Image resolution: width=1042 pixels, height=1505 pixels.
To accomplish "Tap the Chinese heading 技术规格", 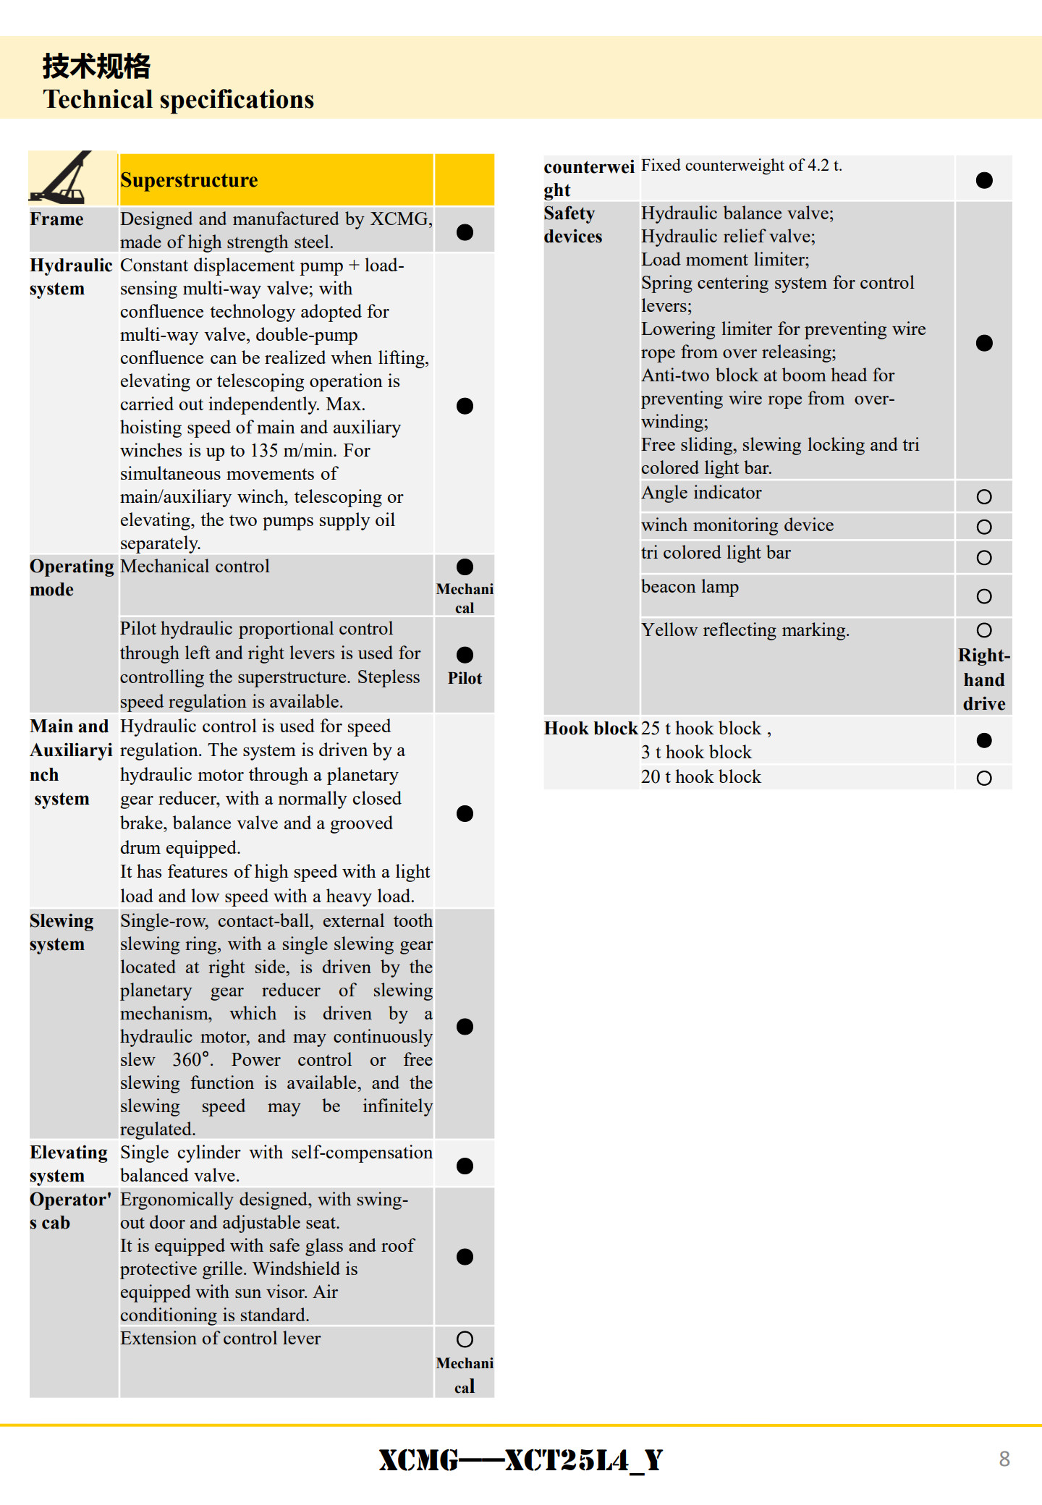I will coord(96,67).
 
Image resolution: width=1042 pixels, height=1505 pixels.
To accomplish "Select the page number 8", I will coord(1004,1459).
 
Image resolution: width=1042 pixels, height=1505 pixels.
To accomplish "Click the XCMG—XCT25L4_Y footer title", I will coord(521,1460).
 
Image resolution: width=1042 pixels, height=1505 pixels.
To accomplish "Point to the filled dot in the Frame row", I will coord(465,232).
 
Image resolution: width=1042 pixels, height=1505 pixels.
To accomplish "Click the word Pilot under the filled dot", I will coord(465,679).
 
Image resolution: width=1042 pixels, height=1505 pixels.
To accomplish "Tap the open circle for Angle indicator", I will coord(984,497).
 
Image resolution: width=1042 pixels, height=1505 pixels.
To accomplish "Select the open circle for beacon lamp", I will coord(984,597).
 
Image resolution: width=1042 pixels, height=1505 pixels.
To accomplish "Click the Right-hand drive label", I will coord(984,679).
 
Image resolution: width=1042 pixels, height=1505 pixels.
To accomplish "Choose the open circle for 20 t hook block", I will coord(984,779).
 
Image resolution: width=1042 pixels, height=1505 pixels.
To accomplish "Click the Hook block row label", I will coord(590,729).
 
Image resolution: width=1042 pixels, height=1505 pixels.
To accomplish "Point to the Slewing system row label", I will coord(62,933).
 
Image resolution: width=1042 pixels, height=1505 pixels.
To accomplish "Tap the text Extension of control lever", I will coord(221,1339).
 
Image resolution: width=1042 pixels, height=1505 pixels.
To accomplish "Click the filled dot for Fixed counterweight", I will coord(984,180).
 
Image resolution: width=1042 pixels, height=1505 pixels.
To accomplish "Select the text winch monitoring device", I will coord(737,525).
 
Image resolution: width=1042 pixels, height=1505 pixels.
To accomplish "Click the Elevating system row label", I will coord(68,1164).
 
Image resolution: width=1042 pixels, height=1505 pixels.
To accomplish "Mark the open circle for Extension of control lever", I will coord(465,1339).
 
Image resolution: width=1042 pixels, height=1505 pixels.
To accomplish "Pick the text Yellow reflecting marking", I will coord(745,630).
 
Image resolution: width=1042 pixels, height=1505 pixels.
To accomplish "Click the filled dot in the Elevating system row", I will coord(465,1166).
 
